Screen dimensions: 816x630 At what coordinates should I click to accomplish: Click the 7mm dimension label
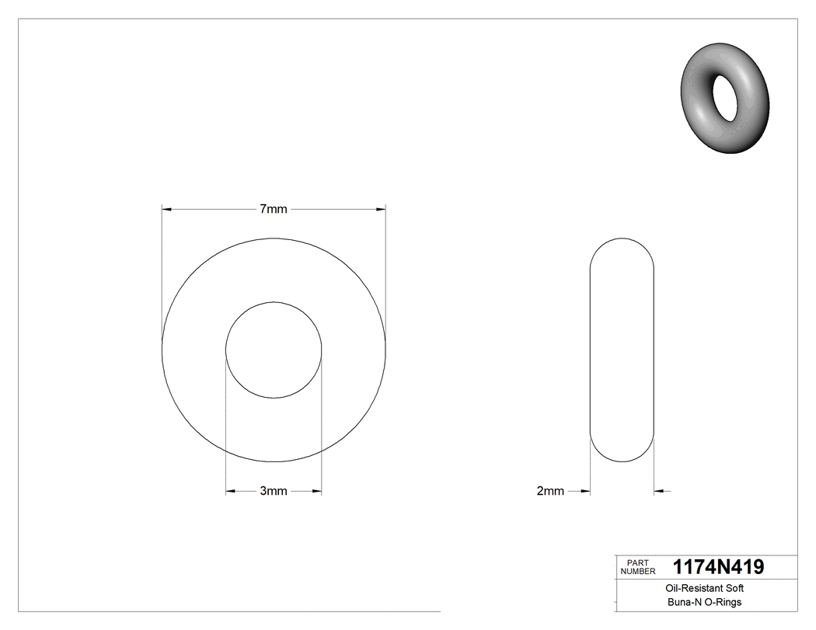tap(273, 209)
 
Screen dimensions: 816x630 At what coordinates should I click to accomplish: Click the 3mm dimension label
tap(273, 491)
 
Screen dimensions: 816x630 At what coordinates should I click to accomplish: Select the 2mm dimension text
tap(549, 491)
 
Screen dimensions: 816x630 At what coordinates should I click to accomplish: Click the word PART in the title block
tap(637, 563)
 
